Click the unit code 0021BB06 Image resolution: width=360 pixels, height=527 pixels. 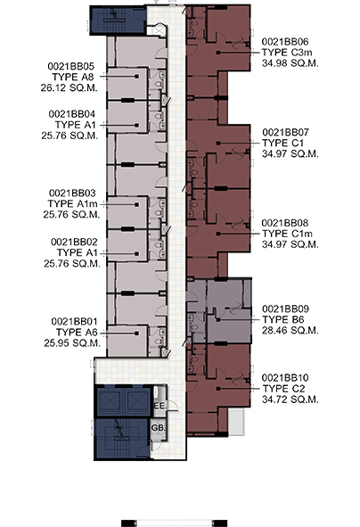pos(285,42)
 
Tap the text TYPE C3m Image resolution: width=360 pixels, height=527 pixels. pos(287,53)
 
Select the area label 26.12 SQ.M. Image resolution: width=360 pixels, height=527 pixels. pos(70,87)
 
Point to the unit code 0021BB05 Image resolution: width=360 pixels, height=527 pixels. pos(71,66)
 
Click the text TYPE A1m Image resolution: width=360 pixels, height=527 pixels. pos(72,203)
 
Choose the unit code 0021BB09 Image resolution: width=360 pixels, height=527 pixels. pos(285,309)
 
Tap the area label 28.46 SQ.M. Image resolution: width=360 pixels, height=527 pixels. pos(290,331)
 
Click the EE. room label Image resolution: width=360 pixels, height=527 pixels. pos(160,406)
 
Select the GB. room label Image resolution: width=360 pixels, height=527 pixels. pos(158,428)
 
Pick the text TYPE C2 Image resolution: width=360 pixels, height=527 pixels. pos(283,389)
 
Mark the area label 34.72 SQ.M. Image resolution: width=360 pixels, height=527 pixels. pos(290,399)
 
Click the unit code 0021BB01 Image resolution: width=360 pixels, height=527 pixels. pos(74,322)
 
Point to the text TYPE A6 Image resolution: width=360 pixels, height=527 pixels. pos(77,333)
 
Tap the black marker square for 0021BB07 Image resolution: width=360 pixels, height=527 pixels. pos(218,144)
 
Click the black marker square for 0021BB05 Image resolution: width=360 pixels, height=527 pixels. pos(136,77)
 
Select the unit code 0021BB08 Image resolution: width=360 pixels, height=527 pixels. pos(285,223)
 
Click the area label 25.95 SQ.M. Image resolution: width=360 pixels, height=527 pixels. pos(72,343)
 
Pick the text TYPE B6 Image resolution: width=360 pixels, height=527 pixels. pos(283,319)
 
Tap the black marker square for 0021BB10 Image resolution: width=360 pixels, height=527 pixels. pos(218,389)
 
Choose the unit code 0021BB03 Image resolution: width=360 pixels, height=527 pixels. pos(72,193)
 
